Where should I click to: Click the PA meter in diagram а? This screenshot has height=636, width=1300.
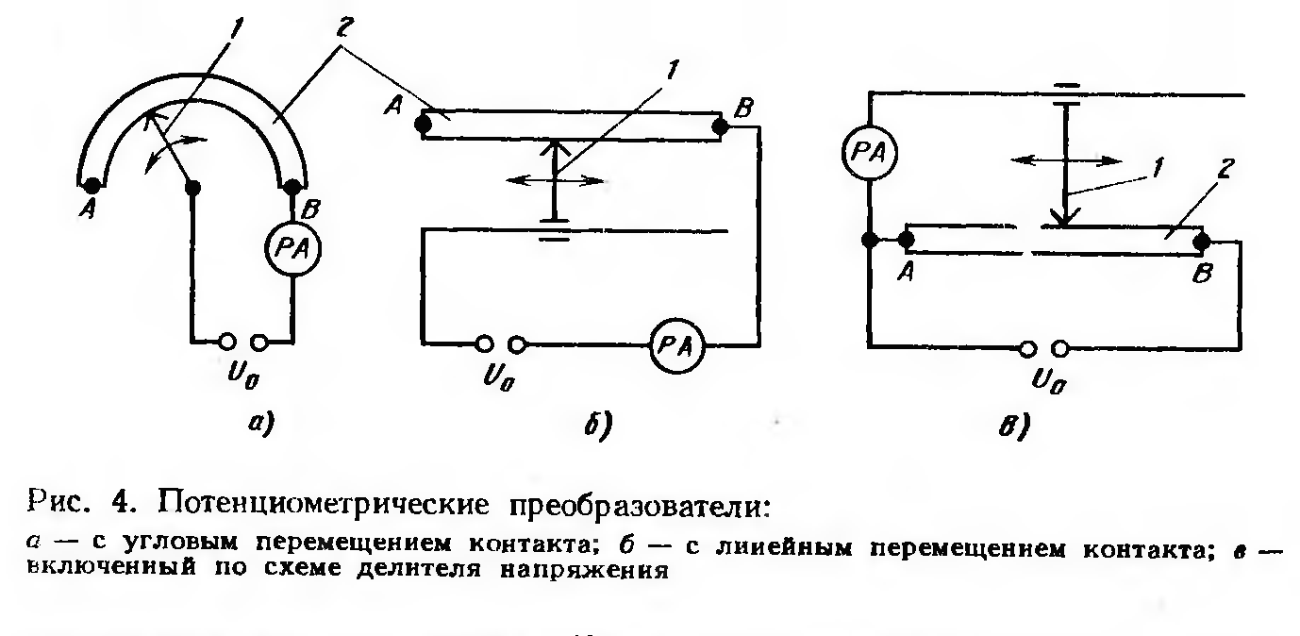292,248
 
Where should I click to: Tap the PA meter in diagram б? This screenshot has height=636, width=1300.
676,346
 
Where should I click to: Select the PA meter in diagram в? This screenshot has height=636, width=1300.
870,153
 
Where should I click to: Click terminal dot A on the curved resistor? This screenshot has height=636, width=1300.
92,186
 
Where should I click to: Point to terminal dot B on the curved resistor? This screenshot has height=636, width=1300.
292,187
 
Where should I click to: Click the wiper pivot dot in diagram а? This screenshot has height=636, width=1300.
192,188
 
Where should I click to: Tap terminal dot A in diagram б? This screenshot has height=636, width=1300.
423,125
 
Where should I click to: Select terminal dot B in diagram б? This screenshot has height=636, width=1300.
720,126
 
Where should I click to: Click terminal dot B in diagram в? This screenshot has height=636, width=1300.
1202,241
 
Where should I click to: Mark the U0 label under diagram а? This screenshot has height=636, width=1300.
243,376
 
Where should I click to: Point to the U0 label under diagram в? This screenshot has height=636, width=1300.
1049,381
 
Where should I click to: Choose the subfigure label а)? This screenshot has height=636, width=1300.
261,423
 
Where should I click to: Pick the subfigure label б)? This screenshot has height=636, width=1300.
598,425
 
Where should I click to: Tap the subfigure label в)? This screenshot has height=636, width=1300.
1014,427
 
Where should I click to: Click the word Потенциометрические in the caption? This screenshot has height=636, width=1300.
324,504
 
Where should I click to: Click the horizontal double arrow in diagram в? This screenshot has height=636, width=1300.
1066,160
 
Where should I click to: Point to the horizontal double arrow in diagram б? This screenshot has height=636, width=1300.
556,181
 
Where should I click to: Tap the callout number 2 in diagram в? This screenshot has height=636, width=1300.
1225,169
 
